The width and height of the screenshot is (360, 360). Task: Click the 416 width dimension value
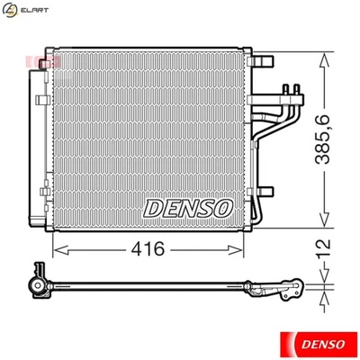click(x=150, y=248)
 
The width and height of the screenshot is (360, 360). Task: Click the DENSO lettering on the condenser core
click(x=188, y=208)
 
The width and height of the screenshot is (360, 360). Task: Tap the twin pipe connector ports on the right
click(x=290, y=94)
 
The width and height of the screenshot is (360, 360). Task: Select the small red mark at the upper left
click(x=54, y=59)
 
